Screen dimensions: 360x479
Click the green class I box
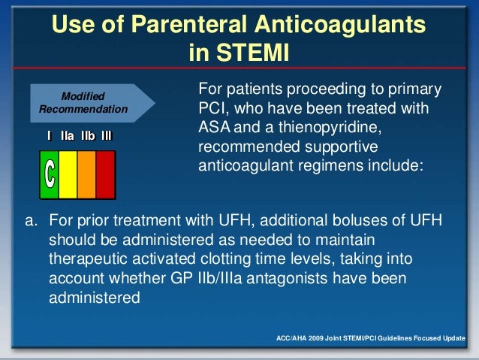(x=49, y=174)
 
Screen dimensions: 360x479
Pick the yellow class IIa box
(x=68, y=174)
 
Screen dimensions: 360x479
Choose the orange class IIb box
(x=86, y=174)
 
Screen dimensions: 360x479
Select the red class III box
(x=105, y=174)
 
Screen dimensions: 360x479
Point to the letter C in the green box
(x=49, y=174)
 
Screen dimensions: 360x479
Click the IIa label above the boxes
(x=67, y=137)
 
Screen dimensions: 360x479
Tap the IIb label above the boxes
(x=87, y=137)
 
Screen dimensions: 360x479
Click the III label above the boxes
(x=107, y=137)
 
